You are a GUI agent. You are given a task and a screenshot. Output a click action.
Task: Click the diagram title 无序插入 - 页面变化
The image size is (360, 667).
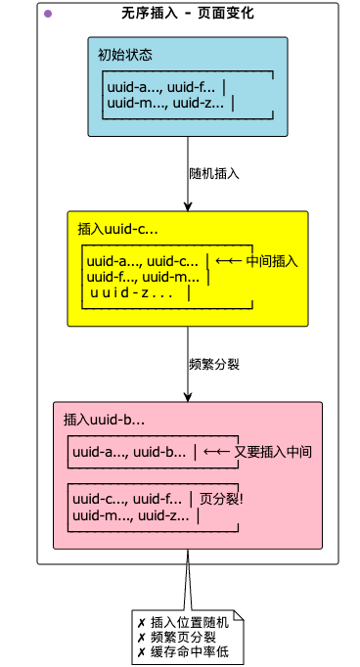click(x=188, y=14)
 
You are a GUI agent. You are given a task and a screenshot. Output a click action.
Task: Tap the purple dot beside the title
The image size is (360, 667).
click(x=48, y=14)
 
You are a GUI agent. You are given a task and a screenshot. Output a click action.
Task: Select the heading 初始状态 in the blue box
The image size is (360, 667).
click(x=125, y=54)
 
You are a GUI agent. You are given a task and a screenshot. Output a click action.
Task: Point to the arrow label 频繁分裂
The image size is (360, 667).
click(x=214, y=364)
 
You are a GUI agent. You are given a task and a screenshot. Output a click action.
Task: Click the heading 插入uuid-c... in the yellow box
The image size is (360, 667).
click(x=117, y=229)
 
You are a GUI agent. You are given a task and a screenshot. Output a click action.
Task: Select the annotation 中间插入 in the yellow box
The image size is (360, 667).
click(x=271, y=261)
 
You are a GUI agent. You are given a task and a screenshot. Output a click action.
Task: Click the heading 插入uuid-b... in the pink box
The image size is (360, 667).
click(x=105, y=420)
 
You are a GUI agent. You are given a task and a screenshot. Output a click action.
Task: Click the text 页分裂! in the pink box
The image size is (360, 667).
click(x=220, y=499)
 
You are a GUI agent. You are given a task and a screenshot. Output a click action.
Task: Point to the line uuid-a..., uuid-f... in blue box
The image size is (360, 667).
click(x=160, y=86)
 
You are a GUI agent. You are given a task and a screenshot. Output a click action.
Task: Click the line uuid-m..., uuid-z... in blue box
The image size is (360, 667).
click(x=164, y=102)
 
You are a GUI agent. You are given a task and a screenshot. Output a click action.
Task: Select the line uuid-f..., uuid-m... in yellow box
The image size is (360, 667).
click(x=142, y=277)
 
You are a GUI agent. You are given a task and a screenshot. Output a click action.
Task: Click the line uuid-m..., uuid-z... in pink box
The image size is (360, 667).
click(x=131, y=515)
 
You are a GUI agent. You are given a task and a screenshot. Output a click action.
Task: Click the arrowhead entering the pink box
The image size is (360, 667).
click(x=188, y=396)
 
